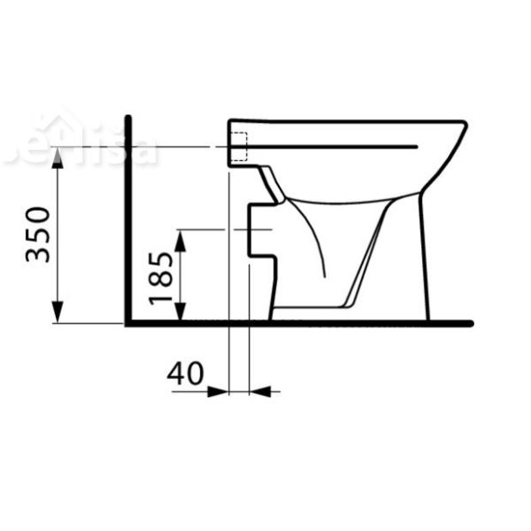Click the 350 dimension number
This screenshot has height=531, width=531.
37,235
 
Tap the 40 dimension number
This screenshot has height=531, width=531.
186,373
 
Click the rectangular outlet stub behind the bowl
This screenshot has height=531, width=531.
260,231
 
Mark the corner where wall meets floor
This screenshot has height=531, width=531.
129,322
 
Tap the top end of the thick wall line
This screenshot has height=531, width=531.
129,119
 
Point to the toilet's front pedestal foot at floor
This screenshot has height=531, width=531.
426,314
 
